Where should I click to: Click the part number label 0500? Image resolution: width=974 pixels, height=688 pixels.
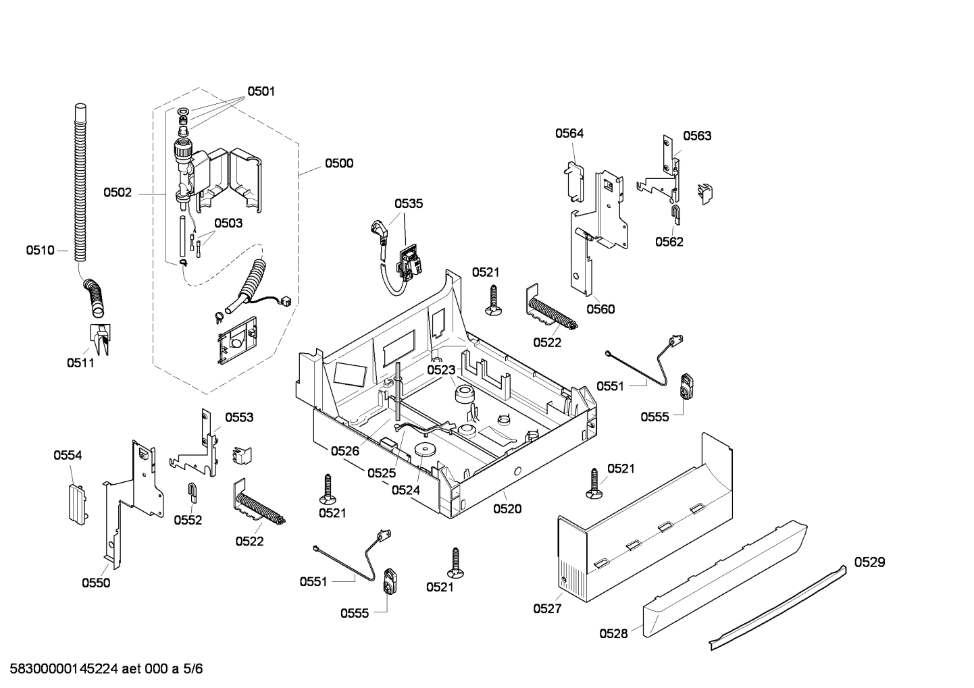[x=338, y=163]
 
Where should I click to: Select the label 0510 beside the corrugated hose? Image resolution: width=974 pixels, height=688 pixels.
[x=40, y=250]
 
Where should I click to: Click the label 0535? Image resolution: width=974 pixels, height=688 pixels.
[x=409, y=203]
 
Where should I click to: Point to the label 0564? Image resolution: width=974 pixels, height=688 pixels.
[x=569, y=134]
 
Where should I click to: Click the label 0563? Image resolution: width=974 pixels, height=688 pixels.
[x=696, y=136]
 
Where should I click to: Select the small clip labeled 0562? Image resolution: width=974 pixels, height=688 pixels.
[x=675, y=213]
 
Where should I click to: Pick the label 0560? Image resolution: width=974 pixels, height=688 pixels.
[x=600, y=309]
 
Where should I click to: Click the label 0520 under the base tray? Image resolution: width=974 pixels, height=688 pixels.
[x=507, y=509]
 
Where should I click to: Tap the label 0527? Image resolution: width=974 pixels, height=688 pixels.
[x=547, y=608]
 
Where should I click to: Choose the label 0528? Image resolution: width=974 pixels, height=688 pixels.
[x=613, y=633]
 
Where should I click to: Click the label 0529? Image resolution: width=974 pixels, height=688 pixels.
[x=869, y=562]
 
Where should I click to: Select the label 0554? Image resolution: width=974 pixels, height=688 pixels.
[x=68, y=456]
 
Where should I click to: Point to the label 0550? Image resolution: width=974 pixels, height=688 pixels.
[x=96, y=583]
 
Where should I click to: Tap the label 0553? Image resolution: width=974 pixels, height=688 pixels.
[x=239, y=417]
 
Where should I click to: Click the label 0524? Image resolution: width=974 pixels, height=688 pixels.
[x=406, y=490]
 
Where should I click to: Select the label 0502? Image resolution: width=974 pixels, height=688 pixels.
[x=118, y=192]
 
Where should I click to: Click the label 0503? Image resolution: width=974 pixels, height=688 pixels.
[x=228, y=223]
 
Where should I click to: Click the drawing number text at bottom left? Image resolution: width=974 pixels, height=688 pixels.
[x=103, y=669]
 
